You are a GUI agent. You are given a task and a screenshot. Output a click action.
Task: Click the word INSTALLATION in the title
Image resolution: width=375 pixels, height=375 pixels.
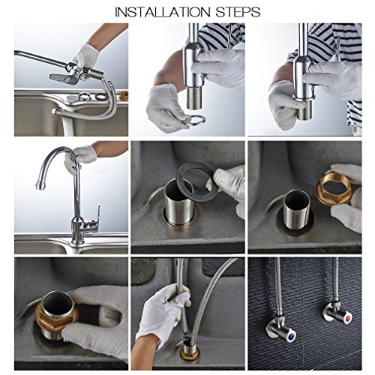tap(163, 12)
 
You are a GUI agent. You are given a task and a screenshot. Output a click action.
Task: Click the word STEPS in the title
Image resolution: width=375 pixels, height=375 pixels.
tap(238, 12)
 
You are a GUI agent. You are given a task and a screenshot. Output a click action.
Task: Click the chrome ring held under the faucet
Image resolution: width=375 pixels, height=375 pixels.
tap(194, 120)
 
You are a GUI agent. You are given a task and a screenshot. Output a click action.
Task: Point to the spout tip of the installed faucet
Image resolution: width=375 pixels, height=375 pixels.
tap(40, 184)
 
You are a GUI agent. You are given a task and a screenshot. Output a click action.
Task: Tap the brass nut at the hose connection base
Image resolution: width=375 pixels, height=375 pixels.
tap(190, 354)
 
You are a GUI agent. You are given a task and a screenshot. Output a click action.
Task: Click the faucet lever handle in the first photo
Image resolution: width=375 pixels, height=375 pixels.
tap(61, 78)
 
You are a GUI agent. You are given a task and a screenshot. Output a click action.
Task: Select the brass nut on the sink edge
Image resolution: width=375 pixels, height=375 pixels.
tap(124, 95)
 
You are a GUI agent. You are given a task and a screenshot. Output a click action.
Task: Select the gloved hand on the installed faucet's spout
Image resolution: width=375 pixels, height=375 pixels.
tap(79, 157)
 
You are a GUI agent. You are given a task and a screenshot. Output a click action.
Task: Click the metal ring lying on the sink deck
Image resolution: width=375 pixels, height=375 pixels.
tap(85, 96)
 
